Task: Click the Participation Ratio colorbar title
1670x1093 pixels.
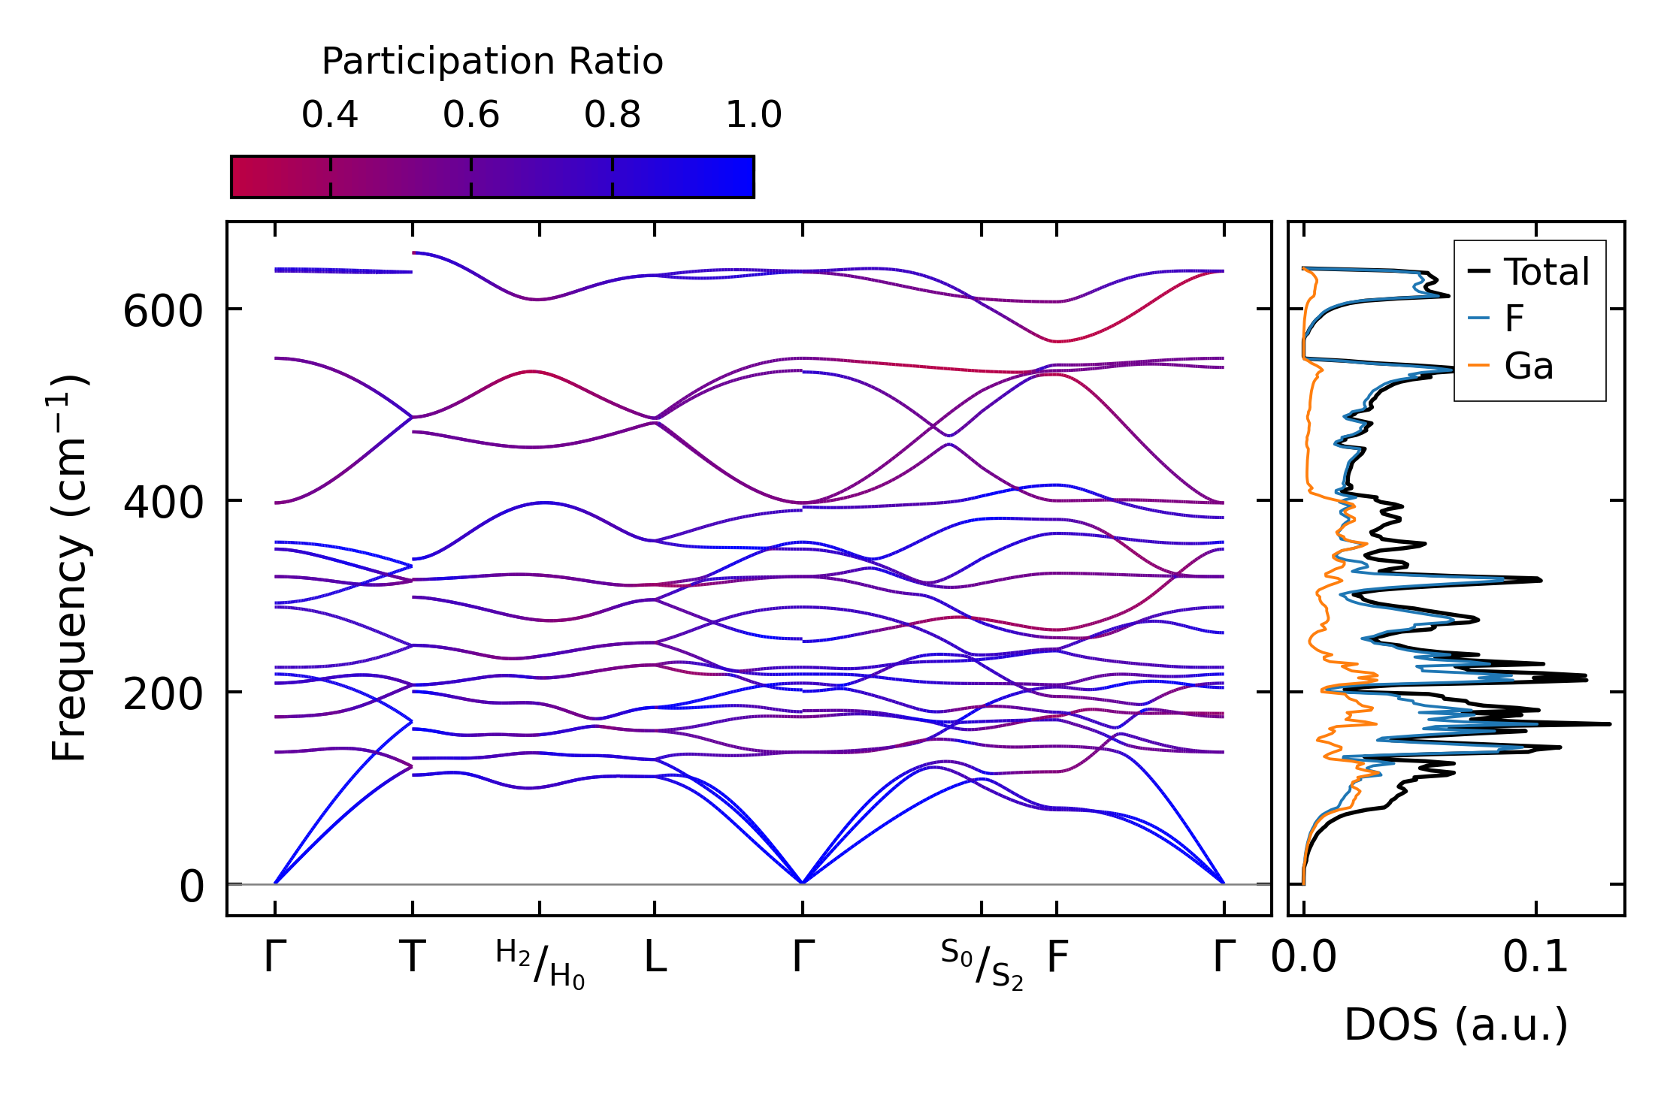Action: [x=492, y=62]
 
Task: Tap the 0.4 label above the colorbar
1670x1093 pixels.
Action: [x=330, y=115]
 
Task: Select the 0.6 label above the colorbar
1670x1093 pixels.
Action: [x=471, y=115]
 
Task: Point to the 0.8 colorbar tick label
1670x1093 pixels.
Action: [x=613, y=115]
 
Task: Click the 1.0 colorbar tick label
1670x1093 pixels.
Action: [x=754, y=115]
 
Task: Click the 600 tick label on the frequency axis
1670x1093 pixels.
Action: [x=163, y=311]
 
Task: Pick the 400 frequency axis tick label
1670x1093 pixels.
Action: [x=163, y=503]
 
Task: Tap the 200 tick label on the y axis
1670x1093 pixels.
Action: [x=163, y=694]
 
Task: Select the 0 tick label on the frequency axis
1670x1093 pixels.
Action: [x=192, y=886]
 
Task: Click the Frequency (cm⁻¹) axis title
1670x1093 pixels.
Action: [x=70, y=568]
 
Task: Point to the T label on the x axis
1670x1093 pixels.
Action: [x=413, y=957]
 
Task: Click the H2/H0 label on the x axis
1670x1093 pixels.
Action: [x=540, y=965]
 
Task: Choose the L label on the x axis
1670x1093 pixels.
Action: [x=655, y=957]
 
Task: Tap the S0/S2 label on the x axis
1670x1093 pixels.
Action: [x=982, y=965]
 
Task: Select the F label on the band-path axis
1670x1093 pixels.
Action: [x=1057, y=957]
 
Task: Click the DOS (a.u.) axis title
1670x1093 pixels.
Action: [x=1457, y=1025]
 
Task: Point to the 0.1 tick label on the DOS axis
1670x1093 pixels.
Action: [x=1535, y=958]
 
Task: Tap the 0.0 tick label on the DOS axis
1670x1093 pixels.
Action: [x=1304, y=958]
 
